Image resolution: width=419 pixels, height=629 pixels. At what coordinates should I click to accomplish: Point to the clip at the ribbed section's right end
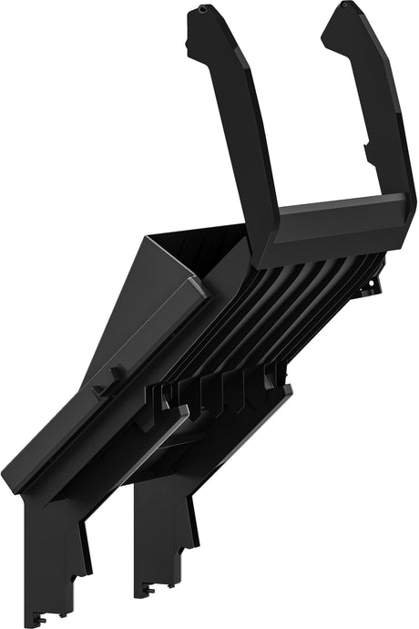coord(373,288)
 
